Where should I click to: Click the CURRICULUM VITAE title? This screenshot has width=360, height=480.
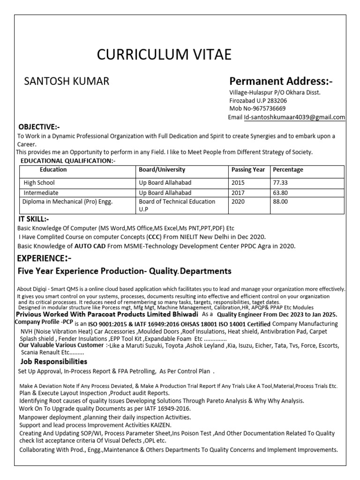click(164, 55)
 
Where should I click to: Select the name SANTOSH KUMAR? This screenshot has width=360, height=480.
click(67, 82)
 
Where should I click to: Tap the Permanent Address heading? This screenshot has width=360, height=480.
click(280, 82)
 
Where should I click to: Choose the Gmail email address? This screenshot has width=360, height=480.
click(294, 117)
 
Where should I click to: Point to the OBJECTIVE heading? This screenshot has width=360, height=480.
click(39, 127)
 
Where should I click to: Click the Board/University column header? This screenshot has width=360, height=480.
click(162, 170)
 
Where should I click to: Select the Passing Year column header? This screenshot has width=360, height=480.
click(248, 170)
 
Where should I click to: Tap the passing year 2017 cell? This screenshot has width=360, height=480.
click(238, 193)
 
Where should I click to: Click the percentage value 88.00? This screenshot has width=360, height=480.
click(280, 202)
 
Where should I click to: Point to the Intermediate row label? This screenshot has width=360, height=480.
click(41, 193)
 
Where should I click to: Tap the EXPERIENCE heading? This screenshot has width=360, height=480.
click(45, 259)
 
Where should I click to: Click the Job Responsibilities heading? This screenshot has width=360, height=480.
click(53, 361)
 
